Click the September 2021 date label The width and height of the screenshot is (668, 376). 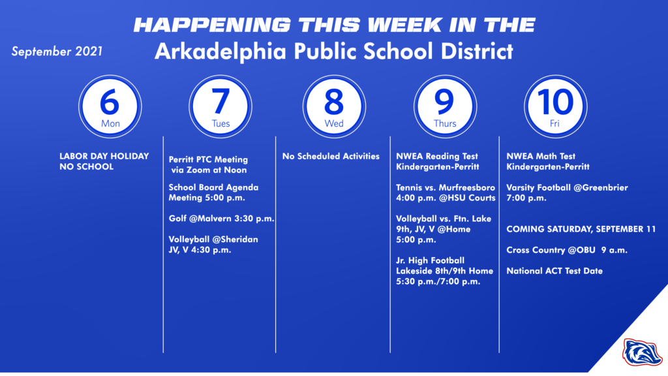pyautogui.click(x=57, y=52)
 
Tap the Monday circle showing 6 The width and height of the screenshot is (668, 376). pyautogui.click(x=110, y=105)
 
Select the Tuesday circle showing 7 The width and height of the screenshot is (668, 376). pyautogui.click(x=220, y=105)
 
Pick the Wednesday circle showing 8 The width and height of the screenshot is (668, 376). pyautogui.click(x=333, y=105)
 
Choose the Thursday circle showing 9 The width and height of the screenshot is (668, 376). pyautogui.click(x=445, y=105)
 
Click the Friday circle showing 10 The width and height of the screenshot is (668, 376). pyautogui.click(x=556, y=105)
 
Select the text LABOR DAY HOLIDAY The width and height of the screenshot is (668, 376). pyautogui.click(x=104, y=156)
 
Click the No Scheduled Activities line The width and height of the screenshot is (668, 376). pyautogui.click(x=331, y=156)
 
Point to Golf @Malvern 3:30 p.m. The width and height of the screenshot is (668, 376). pyautogui.click(x=221, y=219)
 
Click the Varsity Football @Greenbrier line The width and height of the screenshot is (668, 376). pyautogui.click(x=567, y=187)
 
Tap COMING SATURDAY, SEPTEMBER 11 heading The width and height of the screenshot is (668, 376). pyautogui.click(x=586, y=229)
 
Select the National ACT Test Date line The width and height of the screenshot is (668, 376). pyautogui.click(x=554, y=271)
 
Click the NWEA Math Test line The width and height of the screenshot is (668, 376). pyautogui.click(x=541, y=156)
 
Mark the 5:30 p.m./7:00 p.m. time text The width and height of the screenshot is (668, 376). pyautogui.click(x=438, y=281)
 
